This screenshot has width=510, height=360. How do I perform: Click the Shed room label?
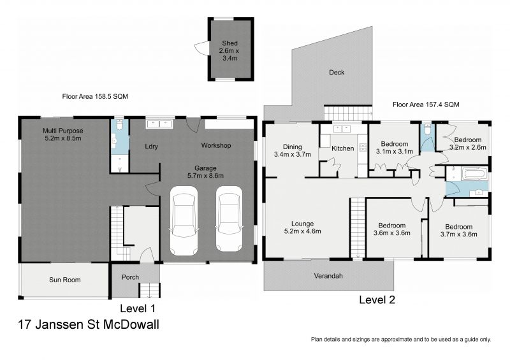point(229,51)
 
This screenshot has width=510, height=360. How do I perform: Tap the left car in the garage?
point(184,221)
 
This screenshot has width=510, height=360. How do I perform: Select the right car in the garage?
point(229,219)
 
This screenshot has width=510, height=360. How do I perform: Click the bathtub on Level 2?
point(475,173)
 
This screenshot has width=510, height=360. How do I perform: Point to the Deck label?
point(337,72)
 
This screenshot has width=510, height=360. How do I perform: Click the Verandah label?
point(328,276)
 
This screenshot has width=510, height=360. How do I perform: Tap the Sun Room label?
point(65,280)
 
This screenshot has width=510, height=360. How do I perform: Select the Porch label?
point(130,277)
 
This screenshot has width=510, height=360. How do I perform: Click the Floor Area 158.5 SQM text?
point(95,96)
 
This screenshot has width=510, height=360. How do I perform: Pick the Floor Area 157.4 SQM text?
point(426,104)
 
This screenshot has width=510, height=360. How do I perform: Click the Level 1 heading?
point(138,308)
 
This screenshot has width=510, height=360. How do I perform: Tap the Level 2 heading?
point(377,299)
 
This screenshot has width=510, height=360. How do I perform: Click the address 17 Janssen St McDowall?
point(89,324)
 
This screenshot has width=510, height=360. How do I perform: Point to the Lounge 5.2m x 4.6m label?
point(302,227)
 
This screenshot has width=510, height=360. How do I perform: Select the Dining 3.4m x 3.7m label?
point(293,150)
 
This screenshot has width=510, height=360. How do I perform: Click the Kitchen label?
point(343,148)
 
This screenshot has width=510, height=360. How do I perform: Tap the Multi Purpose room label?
point(62,134)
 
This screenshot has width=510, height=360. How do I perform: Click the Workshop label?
point(216,145)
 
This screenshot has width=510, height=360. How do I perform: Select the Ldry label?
point(151,147)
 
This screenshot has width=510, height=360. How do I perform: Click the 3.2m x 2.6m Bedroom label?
point(468,143)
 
